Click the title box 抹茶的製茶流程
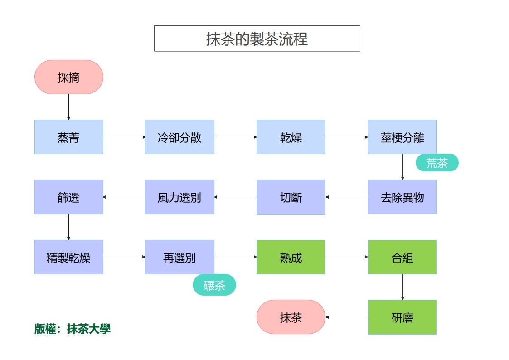point(257,39)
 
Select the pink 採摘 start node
point(69,77)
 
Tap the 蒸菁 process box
point(69,137)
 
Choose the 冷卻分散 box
point(179,137)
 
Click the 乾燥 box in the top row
point(291,137)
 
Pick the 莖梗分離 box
point(402,137)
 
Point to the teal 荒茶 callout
point(437,163)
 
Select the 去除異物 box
point(402,197)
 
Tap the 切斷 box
point(291,197)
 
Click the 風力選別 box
point(179,197)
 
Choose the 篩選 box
point(69,197)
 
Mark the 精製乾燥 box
point(69,257)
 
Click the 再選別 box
point(179,257)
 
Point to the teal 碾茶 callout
point(214,285)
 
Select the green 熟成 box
point(291,257)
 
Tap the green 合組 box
point(402,257)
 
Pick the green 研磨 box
point(402,317)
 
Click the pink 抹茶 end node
point(291,317)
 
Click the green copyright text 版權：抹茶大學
point(73,329)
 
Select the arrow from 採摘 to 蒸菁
point(69,107)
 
